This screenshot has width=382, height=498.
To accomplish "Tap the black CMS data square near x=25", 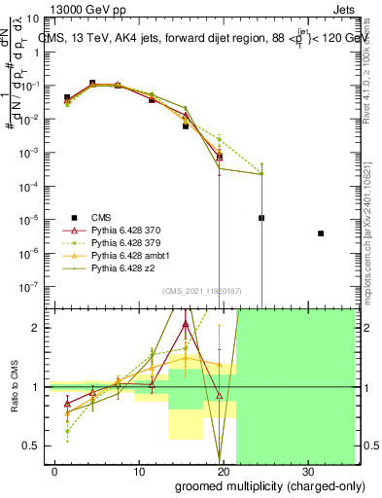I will point(261,218).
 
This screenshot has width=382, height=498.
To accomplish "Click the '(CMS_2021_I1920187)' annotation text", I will point(201,290).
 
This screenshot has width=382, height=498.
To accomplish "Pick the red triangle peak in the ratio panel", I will point(186,325).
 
